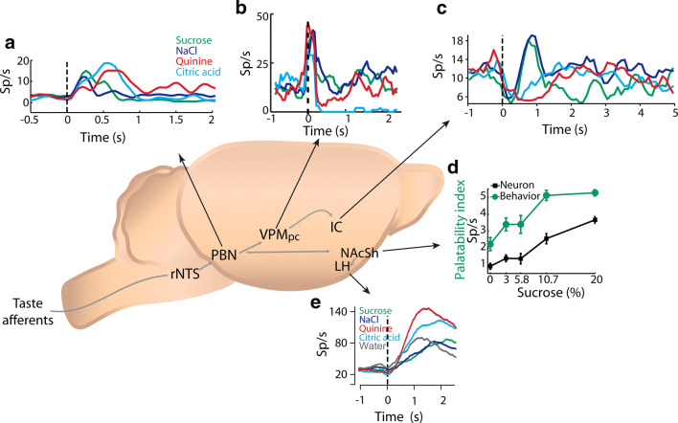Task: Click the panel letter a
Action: point(11,43)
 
